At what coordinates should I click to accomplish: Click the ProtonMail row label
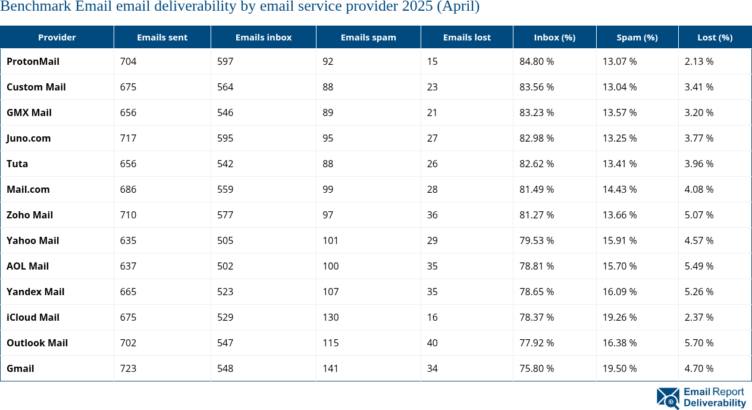click(33, 61)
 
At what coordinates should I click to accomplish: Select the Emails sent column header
click(162, 37)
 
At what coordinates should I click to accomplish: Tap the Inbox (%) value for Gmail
click(537, 368)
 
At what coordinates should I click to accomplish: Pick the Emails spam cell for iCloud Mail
click(331, 317)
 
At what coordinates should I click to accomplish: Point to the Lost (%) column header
click(715, 37)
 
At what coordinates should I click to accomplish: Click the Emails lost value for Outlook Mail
click(432, 343)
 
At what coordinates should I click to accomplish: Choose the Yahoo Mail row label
click(33, 240)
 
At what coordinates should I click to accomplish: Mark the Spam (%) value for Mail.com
click(619, 189)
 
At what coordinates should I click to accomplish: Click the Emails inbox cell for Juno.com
click(225, 138)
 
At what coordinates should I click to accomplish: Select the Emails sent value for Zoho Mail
click(128, 215)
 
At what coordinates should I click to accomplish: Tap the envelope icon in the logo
click(668, 398)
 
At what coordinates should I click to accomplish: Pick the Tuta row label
click(17, 164)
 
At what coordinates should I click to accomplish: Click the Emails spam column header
click(368, 37)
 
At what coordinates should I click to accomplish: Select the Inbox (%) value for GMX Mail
click(537, 112)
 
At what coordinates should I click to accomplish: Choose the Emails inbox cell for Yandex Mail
click(225, 292)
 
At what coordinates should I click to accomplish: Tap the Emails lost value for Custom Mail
click(432, 87)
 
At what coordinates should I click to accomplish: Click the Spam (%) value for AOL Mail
click(619, 266)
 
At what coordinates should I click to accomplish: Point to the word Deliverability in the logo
click(715, 403)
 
